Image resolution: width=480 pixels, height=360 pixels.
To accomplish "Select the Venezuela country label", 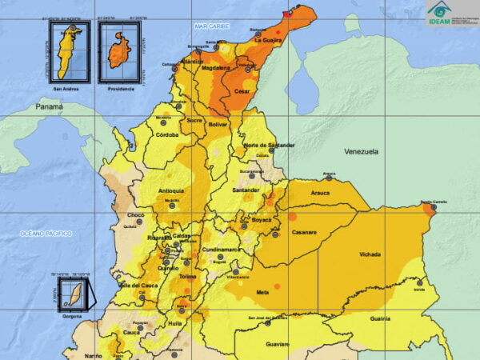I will [362, 151].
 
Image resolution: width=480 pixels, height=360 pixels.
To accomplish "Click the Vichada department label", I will [370, 254].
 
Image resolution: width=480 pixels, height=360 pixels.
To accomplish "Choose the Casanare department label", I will [304, 233].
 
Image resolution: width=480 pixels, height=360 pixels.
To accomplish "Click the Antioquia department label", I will [171, 191].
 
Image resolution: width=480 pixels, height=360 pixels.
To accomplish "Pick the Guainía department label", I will [380, 318].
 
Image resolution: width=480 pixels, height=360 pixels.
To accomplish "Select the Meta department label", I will [262, 293].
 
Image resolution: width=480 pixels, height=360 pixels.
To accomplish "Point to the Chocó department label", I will [136, 215].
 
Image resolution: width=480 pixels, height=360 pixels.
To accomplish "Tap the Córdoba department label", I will [166, 135].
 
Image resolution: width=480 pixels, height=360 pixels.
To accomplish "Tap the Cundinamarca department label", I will [221, 250].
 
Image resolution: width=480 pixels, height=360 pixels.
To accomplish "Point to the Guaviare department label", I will [277, 344].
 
